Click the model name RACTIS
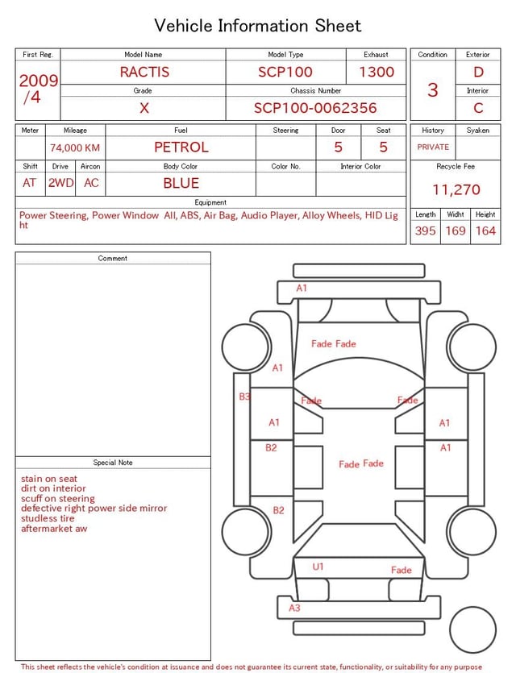click(x=144, y=72)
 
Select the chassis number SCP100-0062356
click(x=315, y=108)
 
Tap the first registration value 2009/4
click(x=38, y=89)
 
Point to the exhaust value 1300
click(x=377, y=72)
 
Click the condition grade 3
click(x=433, y=89)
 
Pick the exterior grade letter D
click(x=478, y=72)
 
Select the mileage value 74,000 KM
click(x=75, y=147)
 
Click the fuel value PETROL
click(x=181, y=147)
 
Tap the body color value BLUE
click(x=181, y=183)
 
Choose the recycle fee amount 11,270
click(x=456, y=189)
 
